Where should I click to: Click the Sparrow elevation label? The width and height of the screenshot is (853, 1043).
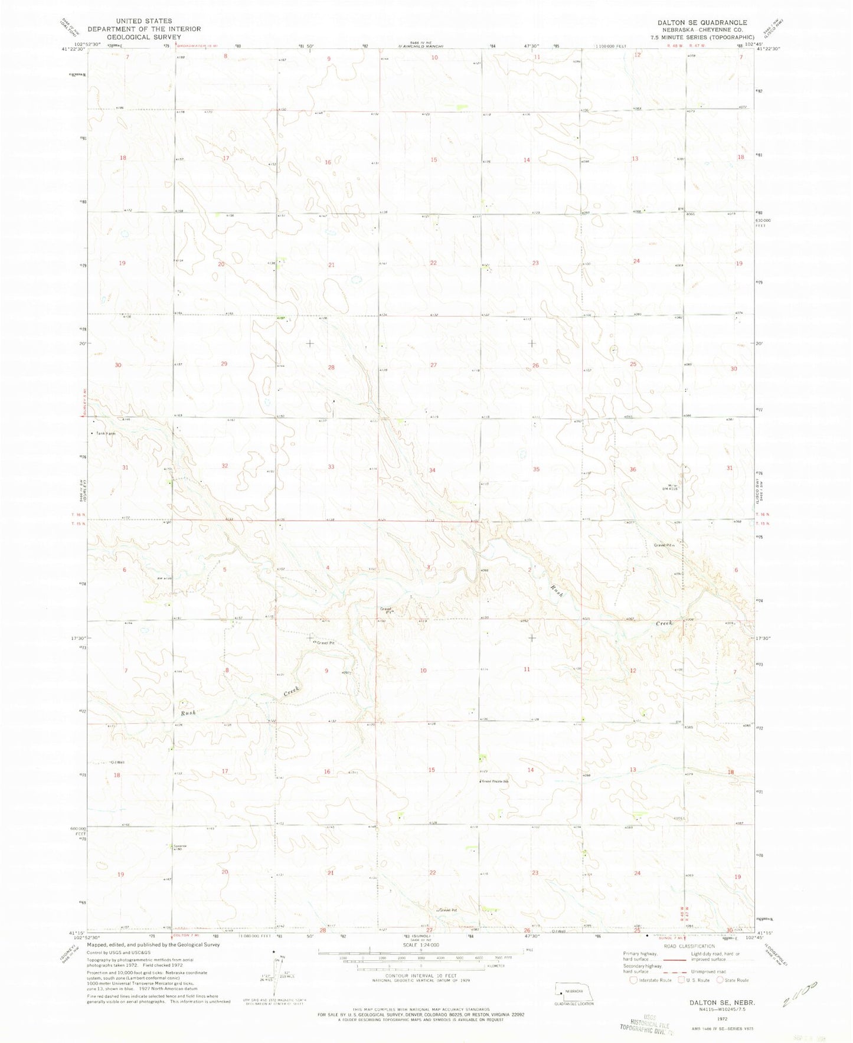[176, 846]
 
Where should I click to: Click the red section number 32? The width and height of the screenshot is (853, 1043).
[224, 466]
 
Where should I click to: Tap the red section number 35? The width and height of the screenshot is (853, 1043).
[536, 469]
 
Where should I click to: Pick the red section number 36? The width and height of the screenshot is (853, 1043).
[633, 469]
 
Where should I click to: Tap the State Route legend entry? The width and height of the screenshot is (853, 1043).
[734, 980]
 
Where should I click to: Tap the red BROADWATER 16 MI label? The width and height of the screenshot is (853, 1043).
[206, 44]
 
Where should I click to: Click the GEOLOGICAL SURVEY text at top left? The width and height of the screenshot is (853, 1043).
[144, 37]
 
